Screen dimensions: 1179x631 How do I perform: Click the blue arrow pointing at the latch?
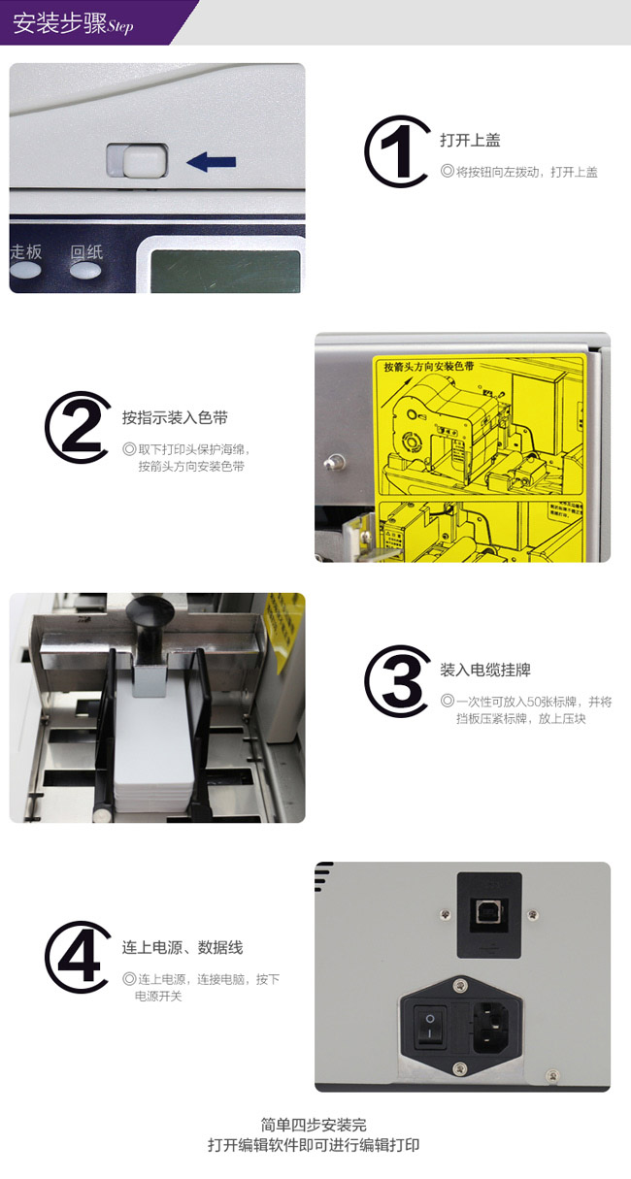click(212, 162)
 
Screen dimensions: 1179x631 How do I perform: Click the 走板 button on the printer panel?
click(26, 253)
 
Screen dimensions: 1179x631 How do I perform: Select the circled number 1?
click(396, 151)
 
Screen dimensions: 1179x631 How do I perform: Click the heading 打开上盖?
click(470, 140)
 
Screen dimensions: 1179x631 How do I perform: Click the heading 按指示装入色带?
click(175, 418)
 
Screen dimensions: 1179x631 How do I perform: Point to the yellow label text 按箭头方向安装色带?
click(428, 368)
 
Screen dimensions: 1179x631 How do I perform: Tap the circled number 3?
click(397, 680)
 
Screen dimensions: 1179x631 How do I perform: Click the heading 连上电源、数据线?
click(183, 947)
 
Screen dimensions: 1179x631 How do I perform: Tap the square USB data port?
click(488, 912)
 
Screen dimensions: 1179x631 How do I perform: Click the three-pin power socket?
click(494, 1024)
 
